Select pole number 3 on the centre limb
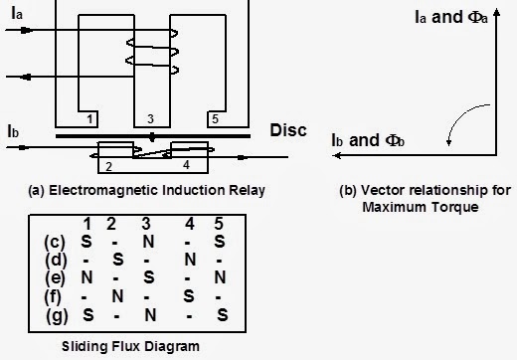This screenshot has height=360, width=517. (x=149, y=119)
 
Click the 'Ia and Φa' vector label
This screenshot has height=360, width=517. (x=455, y=18)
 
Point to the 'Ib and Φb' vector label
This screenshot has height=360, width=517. (x=370, y=141)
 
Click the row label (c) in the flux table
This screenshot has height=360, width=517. (x=56, y=242)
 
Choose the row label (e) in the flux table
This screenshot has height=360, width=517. (x=56, y=277)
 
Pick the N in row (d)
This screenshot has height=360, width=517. (x=188, y=260)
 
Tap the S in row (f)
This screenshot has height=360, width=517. (x=188, y=295)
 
